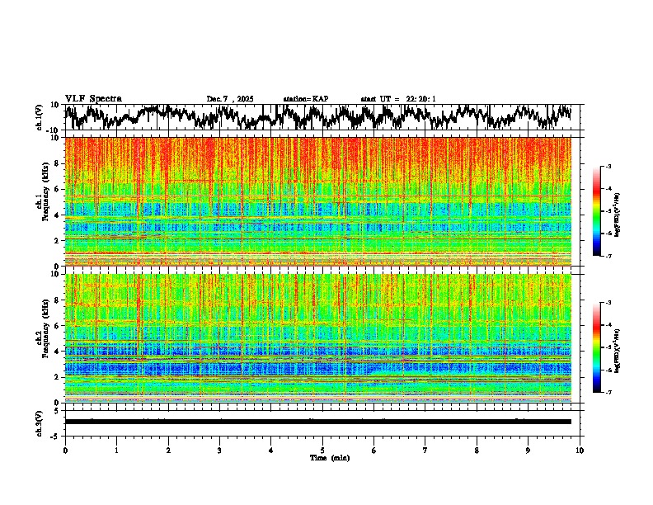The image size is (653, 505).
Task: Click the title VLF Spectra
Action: pyautogui.click(x=93, y=98)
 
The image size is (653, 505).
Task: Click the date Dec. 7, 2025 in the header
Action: pyautogui.click(x=230, y=99)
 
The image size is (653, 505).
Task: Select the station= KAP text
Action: pyautogui.click(x=305, y=99)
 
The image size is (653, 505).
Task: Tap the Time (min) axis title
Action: pyautogui.click(x=329, y=457)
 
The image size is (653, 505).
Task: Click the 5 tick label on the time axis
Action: pyautogui.click(x=322, y=450)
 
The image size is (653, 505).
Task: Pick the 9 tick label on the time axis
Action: pyautogui.click(x=529, y=450)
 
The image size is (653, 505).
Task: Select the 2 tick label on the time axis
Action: pyautogui.click(x=168, y=450)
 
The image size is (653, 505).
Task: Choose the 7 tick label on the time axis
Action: pyautogui.click(x=425, y=450)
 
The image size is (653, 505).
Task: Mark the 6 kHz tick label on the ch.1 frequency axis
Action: pyautogui.click(x=57, y=189)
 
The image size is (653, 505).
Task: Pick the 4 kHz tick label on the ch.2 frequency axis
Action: pyautogui.click(x=57, y=351)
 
